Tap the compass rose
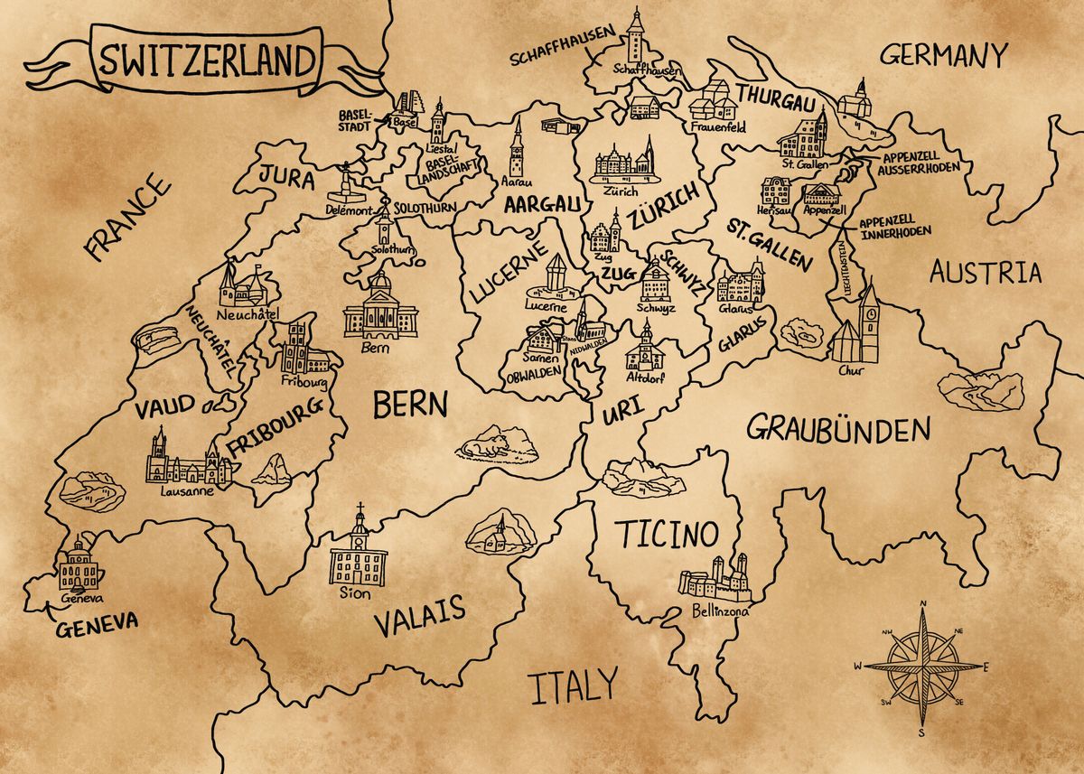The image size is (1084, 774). [922, 667]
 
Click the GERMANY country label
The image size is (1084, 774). [943, 56]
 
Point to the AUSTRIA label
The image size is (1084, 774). [985, 272]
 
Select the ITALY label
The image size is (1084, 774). [574, 686]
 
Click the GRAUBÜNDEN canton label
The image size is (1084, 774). [837, 428]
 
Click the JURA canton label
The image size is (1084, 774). [287, 177]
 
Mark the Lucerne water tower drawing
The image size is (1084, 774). [556, 275]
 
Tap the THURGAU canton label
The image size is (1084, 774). [772, 96]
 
